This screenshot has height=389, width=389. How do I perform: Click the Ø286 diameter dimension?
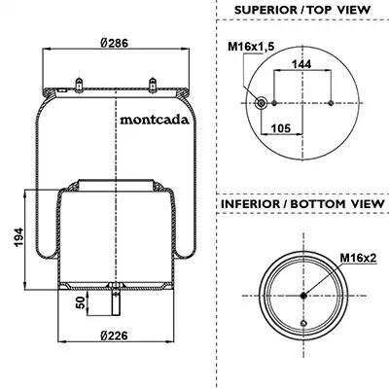[114, 43]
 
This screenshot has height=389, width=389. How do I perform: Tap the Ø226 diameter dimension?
[114, 336]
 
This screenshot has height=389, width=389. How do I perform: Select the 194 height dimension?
[19, 237]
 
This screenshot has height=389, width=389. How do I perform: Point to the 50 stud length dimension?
[82, 302]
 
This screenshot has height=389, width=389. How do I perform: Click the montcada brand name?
[155, 120]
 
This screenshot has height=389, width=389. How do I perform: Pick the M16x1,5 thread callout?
[251, 47]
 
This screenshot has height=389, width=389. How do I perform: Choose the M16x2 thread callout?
[358, 258]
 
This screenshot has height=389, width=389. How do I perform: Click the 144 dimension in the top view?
[301, 64]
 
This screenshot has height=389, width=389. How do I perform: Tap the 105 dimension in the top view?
[281, 128]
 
